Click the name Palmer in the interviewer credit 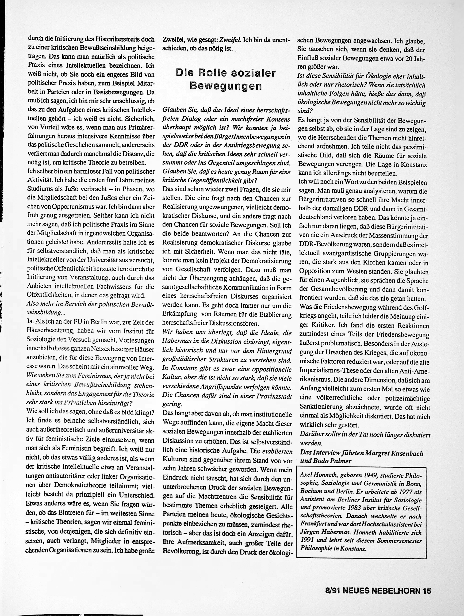[340, 461]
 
